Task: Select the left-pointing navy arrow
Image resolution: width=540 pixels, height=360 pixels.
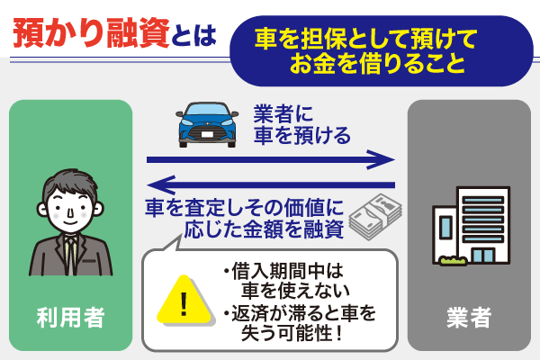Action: click(x=270, y=185)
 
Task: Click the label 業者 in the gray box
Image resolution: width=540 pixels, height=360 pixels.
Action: click(x=468, y=317)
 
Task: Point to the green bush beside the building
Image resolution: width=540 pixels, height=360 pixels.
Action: click(x=452, y=261)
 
